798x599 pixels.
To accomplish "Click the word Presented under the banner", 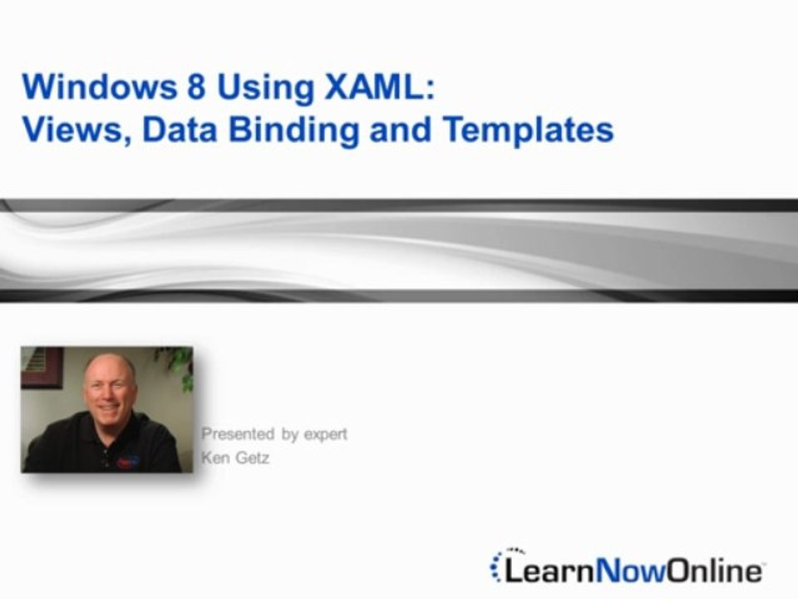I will (237, 434).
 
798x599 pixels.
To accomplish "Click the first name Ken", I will (215, 458).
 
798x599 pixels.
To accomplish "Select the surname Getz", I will (253, 458).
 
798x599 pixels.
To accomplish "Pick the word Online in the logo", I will (712, 571).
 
